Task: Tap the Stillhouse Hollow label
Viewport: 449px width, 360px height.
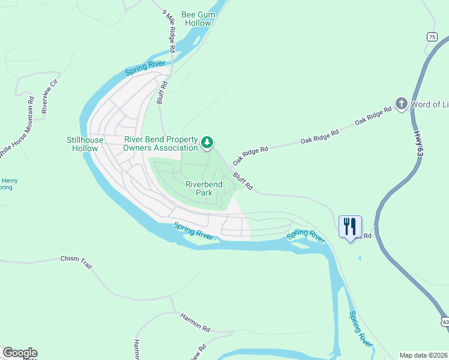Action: (85, 144)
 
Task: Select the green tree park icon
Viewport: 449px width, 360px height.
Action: (207, 142)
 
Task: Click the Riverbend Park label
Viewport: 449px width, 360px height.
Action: (204, 188)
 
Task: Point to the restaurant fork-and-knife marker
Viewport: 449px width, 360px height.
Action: (350, 227)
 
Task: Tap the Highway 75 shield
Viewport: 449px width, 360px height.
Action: (432, 37)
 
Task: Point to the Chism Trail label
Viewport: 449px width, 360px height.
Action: (76, 260)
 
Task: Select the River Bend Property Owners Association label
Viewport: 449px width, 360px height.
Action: (161, 143)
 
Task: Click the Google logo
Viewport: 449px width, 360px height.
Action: (20, 353)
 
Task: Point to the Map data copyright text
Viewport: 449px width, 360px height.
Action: (423, 355)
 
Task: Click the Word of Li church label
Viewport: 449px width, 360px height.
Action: (429, 104)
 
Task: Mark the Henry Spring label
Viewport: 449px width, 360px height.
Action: (8, 184)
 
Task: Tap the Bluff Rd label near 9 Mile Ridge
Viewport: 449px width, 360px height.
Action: (161, 93)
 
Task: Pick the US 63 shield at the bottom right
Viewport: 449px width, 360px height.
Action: (445, 322)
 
